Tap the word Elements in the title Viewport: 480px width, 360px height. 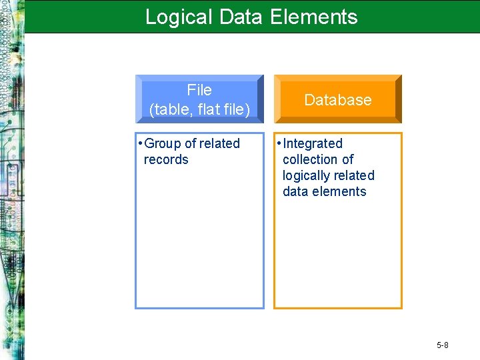(314, 17)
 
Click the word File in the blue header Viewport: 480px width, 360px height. (199, 90)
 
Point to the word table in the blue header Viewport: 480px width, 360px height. (170, 109)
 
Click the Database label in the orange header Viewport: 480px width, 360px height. (338, 100)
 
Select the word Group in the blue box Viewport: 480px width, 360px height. (162, 144)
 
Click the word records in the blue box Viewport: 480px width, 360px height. (166, 160)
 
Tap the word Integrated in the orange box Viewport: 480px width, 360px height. (313, 144)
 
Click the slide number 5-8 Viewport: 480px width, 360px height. (443, 345)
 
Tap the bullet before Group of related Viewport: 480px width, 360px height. (139, 144)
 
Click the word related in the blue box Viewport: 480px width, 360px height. (219, 144)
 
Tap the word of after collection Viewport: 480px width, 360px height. (347, 160)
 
